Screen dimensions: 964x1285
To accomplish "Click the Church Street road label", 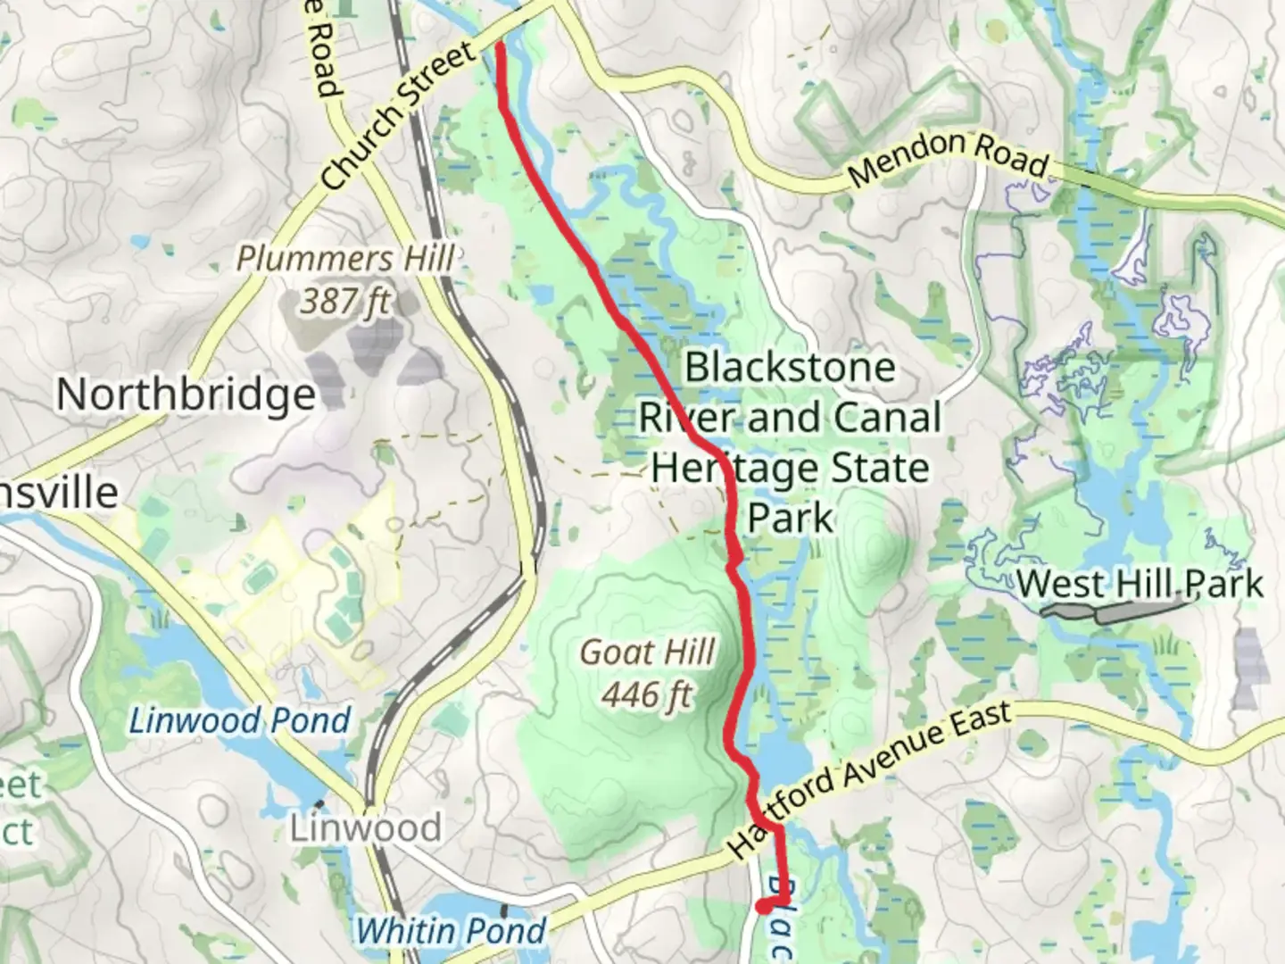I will tap(400, 117).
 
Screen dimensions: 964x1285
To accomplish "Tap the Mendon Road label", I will tap(949, 158).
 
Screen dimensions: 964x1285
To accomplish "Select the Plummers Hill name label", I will tap(345, 259).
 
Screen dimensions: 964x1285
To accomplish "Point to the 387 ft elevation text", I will tap(345, 302).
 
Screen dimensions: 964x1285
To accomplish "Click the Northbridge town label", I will tap(187, 395).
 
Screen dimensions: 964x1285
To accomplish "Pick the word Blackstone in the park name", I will tap(790, 367).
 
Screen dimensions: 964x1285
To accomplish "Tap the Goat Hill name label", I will tap(648, 652).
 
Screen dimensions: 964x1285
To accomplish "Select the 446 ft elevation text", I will tap(648, 694).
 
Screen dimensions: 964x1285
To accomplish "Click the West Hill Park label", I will tap(1140, 585).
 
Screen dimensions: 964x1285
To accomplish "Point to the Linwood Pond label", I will tap(240, 720).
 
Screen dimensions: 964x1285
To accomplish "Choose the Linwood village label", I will tap(365, 828).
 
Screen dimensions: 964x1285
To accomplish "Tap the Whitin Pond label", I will tap(451, 931).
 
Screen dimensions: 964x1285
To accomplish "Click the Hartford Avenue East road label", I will tap(870, 780).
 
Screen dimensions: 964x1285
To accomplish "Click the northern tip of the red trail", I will tap(499, 46).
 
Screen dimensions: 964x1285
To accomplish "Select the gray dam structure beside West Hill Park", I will tap(1115, 612).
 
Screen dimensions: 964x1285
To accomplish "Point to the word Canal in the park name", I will tap(886, 418).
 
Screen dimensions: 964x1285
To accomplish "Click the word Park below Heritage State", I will tap(790, 518).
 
